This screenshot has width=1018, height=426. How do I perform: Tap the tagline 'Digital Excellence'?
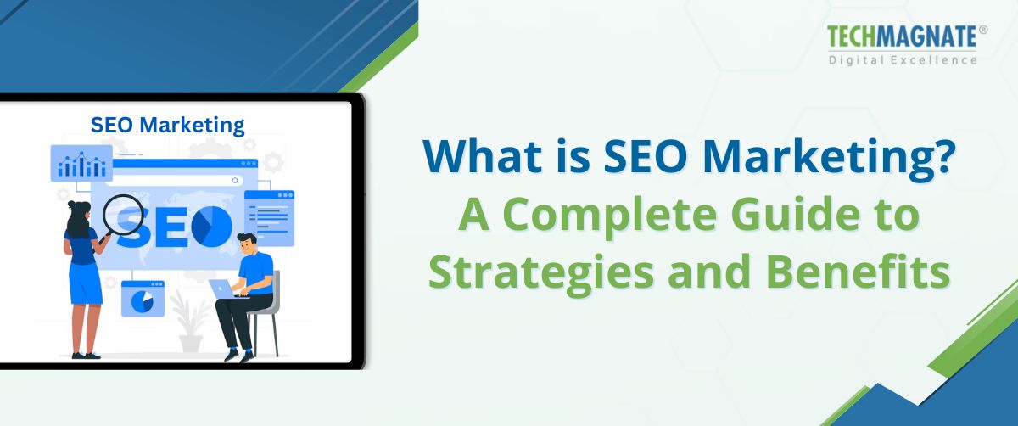[903, 59]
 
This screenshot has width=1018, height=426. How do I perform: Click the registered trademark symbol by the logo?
[983, 30]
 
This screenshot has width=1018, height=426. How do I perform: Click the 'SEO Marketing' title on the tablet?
[167, 126]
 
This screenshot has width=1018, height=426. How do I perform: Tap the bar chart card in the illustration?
[81, 163]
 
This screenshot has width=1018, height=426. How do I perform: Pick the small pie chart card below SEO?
[143, 299]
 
